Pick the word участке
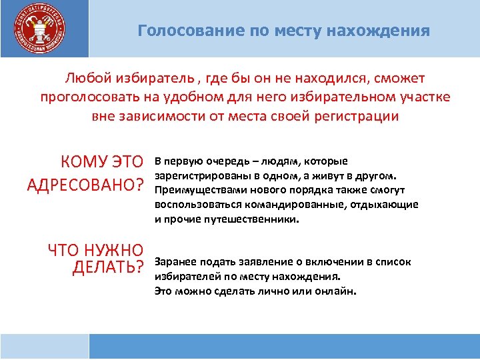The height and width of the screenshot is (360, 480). pyautogui.click(x=422, y=97)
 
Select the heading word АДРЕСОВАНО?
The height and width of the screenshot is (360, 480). pyautogui.click(x=86, y=185)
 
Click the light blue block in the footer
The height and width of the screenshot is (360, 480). pyautogui.click(x=44, y=347)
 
